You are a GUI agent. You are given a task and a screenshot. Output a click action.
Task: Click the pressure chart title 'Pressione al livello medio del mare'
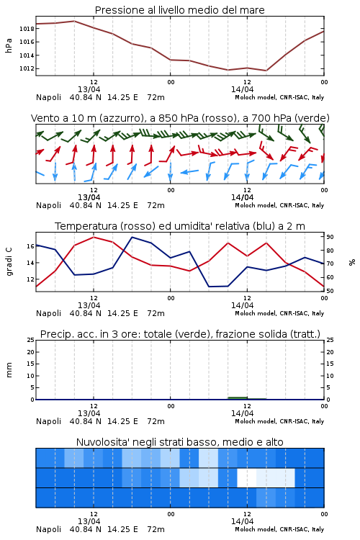pyautogui.click(x=179, y=10)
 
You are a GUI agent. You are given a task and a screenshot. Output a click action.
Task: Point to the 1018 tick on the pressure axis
pyautogui.click(x=27, y=29)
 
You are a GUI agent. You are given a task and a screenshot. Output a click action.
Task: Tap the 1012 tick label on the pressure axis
pyautogui.click(x=27, y=68)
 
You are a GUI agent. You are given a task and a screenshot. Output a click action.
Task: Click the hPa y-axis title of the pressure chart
pyautogui.click(x=9, y=45)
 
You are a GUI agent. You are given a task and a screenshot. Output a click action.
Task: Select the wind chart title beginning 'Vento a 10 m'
pyautogui.click(x=180, y=118)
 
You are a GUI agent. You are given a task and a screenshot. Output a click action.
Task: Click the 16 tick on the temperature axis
pyautogui.click(x=30, y=246)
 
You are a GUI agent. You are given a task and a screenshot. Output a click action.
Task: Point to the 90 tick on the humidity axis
pyautogui.click(x=330, y=237)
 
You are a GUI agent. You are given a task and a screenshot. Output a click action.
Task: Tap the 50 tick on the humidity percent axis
pyautogui.click(x=330, y=291)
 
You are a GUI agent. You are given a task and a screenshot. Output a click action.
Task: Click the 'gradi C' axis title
pyautogui.click(x=9, y=261)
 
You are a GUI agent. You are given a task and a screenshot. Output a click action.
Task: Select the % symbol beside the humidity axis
pyautogui.click(x=352, y=262)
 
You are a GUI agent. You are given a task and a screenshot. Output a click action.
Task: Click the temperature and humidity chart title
pyautogui.click(x=180, y=226)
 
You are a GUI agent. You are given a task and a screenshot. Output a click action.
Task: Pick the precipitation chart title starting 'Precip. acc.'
pyautogui.click(x=180, y=334)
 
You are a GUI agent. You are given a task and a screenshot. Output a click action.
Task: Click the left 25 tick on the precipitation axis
pyautogui.click(x=31, y=340)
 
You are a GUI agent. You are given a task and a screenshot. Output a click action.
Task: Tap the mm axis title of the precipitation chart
pyautogui.click(x=9, y=370)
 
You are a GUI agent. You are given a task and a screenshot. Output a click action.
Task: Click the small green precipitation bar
pyautogui.click(x=238, y=398)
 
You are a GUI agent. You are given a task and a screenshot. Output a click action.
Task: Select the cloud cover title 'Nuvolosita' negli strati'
pyautogui.click(x=179, y=442)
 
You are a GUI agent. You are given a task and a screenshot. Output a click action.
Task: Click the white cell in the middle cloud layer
pyautogui.click(x=247, y=477)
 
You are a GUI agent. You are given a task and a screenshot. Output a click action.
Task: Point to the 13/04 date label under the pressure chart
pyautogui.click(x=89, y=89)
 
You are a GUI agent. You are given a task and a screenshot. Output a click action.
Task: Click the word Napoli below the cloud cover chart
pyautogui.click(x=48, y=529)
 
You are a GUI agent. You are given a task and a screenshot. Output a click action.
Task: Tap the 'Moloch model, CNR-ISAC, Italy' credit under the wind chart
pyautogui.click(x=279, y=205)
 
